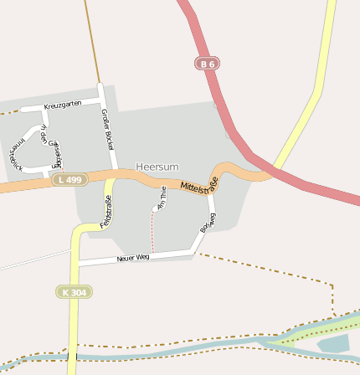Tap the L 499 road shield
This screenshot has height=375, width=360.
[69, 180]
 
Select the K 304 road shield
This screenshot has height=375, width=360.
[74, 291]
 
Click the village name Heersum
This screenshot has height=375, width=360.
[157, 167]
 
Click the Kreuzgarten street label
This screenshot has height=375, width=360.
[62, 104]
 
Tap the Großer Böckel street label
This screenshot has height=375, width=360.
[108, 130]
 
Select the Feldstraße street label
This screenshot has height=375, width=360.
[106, 212]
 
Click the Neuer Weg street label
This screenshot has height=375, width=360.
[133, 257]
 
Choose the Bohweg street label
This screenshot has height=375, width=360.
[208, 223]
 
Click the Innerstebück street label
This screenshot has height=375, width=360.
[14, 151]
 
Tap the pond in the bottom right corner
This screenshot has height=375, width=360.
[334, 343]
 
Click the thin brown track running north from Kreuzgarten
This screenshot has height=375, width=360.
[91, 42]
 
